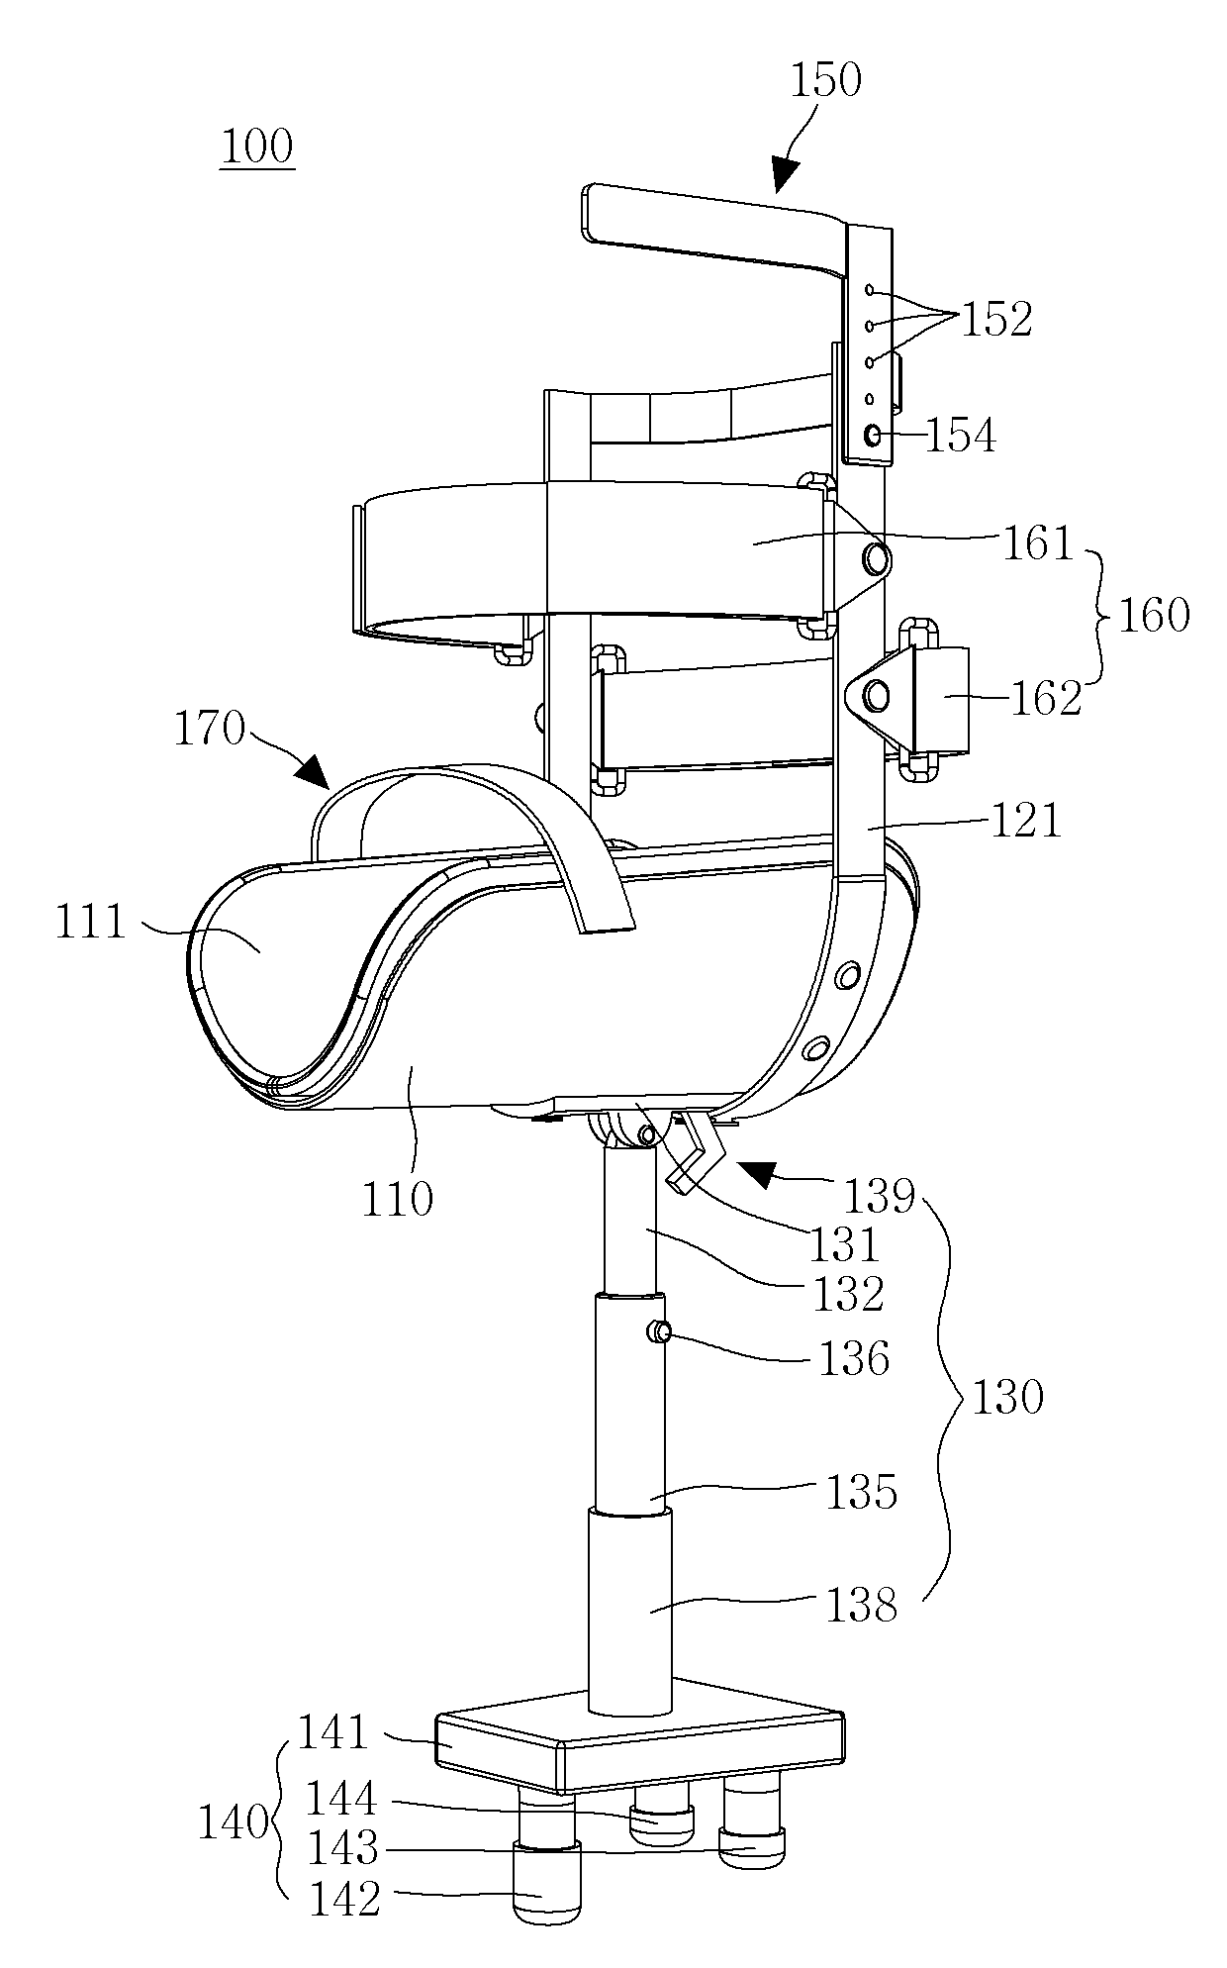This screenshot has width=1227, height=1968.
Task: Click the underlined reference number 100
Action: [x=257, y=148]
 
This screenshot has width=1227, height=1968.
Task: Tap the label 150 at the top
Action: [x=825, y=79]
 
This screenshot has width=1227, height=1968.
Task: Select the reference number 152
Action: [x=995, y=319]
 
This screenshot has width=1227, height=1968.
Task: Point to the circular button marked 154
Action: [x=874, y=435]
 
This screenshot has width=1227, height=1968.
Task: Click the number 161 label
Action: [x=1037, y=543]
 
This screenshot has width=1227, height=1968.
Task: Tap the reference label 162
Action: [x=1045, y=698]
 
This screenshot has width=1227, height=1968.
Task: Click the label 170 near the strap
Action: [x=209, y=730]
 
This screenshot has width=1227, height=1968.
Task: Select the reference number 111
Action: [x=91, y=923]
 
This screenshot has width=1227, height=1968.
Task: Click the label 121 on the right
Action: [x=1025, y=820]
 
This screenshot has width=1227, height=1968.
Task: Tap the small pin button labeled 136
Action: [x=659, y=1333]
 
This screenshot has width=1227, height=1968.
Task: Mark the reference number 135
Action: [x=860, y=1492]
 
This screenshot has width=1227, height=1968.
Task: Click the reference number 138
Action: [x=860, y=1605]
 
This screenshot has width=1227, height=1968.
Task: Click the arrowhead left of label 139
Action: [x=762, y=1174]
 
